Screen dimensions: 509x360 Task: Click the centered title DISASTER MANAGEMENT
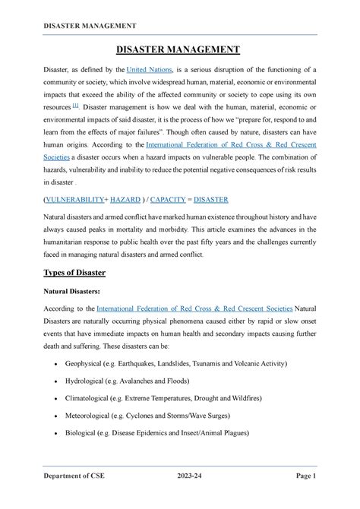(179, 50)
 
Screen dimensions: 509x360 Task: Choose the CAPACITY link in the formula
(176, 201)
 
